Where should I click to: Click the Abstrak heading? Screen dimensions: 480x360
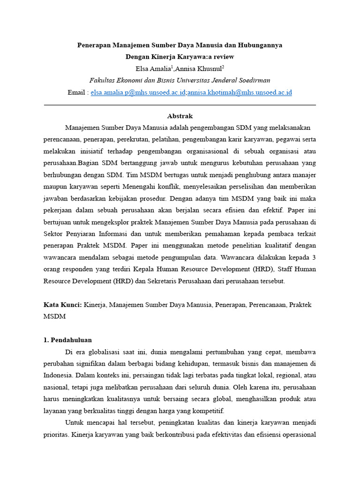point(180,116)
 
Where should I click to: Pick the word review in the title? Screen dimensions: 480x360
point(223,57)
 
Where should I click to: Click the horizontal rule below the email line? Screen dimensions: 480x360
point(180,105)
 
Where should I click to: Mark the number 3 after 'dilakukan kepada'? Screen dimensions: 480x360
point(314,257)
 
